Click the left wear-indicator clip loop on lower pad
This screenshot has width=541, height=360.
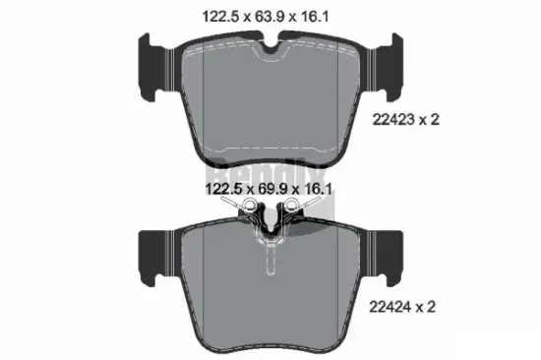coord(249,206)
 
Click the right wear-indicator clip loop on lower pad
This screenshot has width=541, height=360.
coord(289,206)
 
